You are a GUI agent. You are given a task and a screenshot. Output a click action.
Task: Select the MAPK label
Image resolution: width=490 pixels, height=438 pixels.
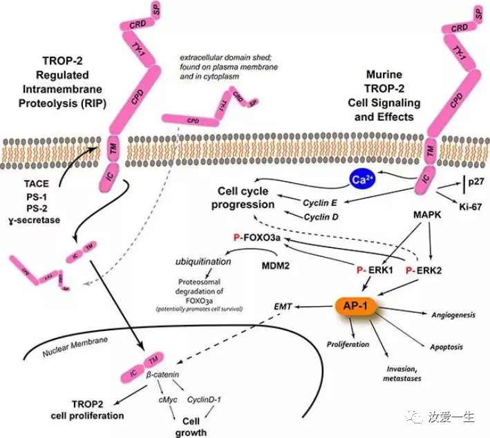point(423,218)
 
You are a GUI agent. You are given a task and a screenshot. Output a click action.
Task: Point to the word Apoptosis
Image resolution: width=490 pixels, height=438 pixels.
point(445,345)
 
